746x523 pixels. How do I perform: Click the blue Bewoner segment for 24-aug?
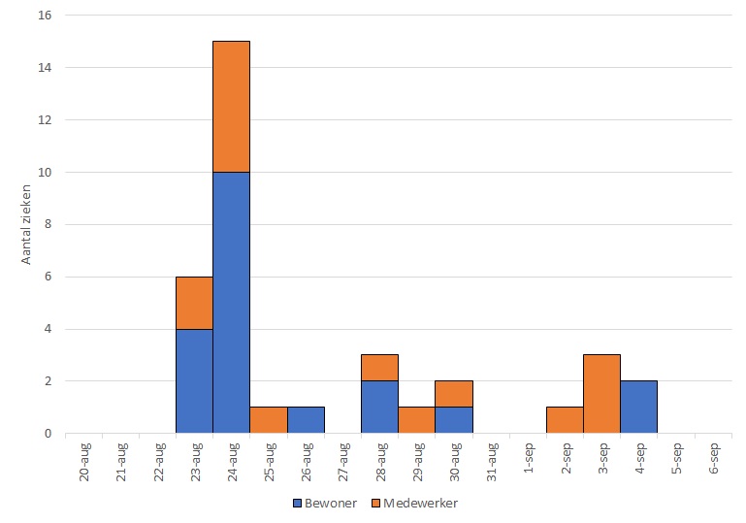coord(231,303)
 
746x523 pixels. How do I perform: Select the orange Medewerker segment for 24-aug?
coord(231,107)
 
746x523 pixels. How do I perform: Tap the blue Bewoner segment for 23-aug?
coord(194,381)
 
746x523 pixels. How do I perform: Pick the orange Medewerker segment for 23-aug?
coord(194,303)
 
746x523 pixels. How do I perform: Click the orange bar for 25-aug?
coord(268,420)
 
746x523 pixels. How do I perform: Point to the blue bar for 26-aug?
coord(305,420)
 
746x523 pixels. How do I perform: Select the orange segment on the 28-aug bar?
coord(379,368)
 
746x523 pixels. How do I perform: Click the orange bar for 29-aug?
coord(416,420)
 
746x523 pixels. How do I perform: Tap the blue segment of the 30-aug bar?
coord(453,420)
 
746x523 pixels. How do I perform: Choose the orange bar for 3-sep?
coord(601,394)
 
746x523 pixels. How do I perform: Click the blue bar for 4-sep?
coord(638,408)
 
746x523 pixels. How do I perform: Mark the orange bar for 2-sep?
coord(565,420)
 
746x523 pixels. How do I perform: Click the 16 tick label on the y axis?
coord(45,16)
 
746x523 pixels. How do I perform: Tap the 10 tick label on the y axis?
coord(45,173)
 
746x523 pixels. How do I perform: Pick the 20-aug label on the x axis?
coord(84,461)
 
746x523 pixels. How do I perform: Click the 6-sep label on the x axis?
coord(713,460)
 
